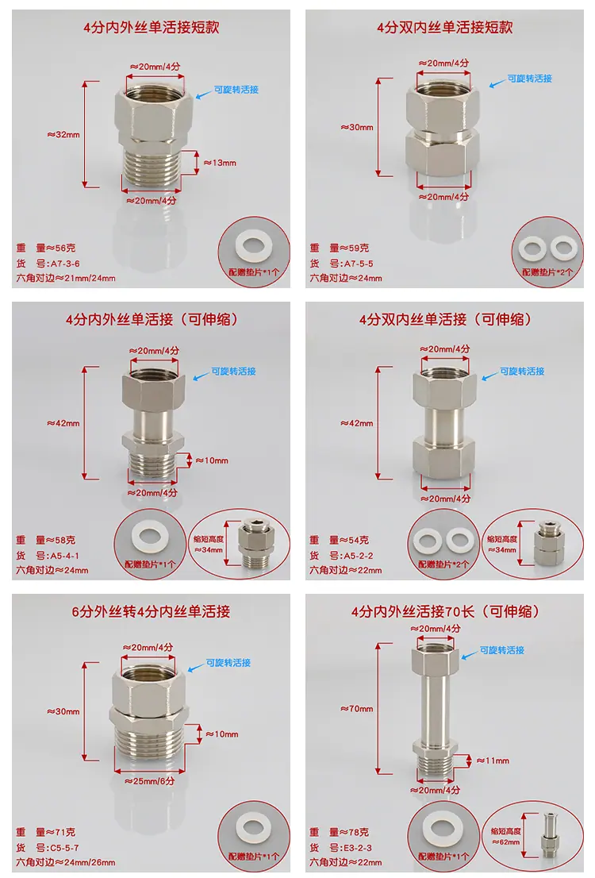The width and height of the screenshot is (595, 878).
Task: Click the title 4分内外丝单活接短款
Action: (151, 27)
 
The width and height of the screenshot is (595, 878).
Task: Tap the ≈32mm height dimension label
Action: (63, 134)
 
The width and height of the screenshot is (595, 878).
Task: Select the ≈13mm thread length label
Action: (220, 163)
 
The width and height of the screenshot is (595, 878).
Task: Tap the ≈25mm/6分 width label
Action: (149, 780)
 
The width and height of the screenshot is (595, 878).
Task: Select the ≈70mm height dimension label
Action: (356, 708)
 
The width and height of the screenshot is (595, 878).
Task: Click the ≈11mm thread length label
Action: (493, 761)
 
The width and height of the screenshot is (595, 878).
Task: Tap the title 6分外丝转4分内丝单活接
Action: (151, 611)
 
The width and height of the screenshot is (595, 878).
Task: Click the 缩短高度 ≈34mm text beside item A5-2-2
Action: (502, 545)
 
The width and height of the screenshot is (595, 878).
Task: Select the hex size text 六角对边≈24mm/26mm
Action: (66, 862)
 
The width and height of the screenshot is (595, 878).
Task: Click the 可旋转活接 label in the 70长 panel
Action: (502, 650)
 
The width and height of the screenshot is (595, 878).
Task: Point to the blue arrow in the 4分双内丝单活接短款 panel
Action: (497, 83)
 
